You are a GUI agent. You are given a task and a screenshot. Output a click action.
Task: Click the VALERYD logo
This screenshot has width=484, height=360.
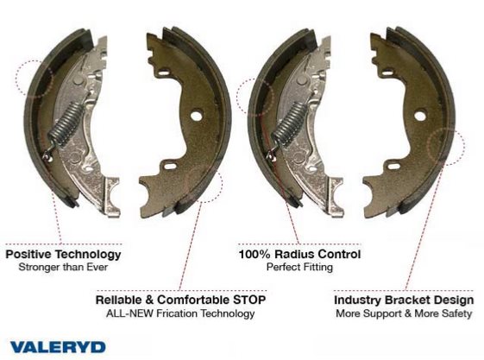[x=58, y=347]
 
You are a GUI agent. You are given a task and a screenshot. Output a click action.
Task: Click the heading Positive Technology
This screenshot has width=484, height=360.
[x=63, y=255]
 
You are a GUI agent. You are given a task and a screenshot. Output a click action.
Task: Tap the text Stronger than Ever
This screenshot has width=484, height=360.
[x=63, y=267]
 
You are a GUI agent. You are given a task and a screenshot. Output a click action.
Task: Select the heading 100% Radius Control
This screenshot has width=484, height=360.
[x=299, y=254]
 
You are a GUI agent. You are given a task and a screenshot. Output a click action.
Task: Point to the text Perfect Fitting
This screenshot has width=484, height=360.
[x=299, y=267]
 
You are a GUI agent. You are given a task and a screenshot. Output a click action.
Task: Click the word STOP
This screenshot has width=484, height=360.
[x=249, y=300]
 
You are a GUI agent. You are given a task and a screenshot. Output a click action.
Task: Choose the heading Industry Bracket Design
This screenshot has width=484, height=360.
[x=404, y=300]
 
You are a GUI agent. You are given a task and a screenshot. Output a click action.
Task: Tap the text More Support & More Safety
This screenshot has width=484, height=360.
[x=404, y=313]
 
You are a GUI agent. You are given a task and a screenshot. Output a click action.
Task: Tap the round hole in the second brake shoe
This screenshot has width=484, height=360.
[x=196, y=116]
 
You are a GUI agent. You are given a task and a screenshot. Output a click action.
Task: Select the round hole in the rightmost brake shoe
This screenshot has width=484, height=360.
[x=420, y=116]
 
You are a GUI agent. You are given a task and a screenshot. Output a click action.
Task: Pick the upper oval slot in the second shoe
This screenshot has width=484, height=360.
[x=165, y=73]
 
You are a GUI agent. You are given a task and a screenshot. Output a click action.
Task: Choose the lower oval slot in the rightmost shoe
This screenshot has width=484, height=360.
[x=393, y=167]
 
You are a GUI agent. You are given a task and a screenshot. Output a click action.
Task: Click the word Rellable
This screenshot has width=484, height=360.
[x=115, y=300]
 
